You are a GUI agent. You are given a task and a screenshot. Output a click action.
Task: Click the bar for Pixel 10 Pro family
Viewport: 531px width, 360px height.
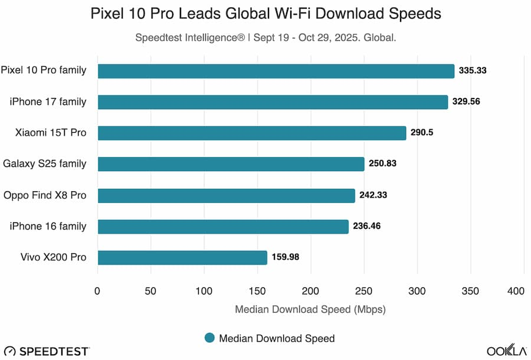click(x=276, y=71)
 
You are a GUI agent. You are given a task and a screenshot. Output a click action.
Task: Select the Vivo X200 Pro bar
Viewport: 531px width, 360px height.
click(x=182, y=257)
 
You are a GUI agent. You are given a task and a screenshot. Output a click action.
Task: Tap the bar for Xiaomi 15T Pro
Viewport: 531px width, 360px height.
click(x=252, y=133)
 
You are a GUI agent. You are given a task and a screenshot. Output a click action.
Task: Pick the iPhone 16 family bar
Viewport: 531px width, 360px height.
click(x=223, y=227)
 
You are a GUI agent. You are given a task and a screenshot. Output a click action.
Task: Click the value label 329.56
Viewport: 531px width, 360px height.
click(x=466, y=102)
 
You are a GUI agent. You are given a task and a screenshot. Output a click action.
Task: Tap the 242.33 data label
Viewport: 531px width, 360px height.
click(x=373, y=195)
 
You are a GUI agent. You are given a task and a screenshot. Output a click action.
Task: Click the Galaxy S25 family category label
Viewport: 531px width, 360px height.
click(x=45, y=163)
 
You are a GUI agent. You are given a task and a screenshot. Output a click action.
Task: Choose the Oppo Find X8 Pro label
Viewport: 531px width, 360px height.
click(x=45, y=195)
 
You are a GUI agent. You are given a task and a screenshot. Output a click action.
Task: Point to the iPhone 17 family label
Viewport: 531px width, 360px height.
click(x=48, y=102)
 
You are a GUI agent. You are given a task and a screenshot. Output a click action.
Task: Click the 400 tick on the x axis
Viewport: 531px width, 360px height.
click(x=516, y=291)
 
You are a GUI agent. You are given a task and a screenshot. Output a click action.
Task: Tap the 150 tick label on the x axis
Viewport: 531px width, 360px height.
click(x=257, y=291)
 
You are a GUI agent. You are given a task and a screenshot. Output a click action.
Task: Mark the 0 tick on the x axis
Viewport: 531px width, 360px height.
click(x=97, y=291)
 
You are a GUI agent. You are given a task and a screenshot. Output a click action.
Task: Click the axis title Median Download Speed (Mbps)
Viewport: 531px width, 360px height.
click(x=310, y=309)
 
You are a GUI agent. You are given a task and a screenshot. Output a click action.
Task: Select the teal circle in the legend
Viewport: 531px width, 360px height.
click(x=209, y=338)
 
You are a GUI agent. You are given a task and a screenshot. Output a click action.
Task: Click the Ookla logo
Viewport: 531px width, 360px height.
click(x=506, y=350)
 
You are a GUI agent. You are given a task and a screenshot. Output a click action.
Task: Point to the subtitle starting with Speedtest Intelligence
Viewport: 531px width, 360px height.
click(x=265, y=37)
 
